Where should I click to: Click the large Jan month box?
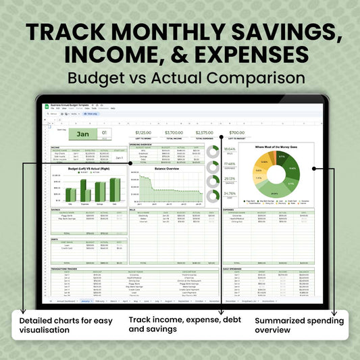82,133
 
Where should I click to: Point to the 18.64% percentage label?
230,149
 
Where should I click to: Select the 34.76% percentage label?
230,194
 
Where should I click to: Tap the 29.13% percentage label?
230,179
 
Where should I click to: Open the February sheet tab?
100,301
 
